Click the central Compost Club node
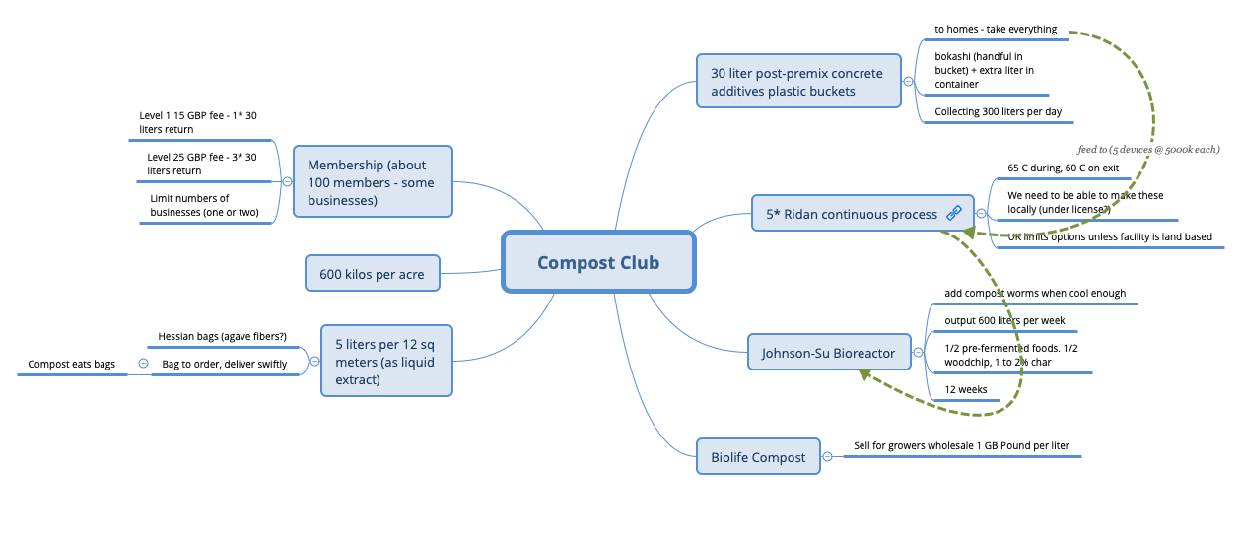click(x=598, y=262)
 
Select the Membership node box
click(x=373, y=182)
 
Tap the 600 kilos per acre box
click(x=372, y=274)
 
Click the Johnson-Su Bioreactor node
click(x=828, y=352)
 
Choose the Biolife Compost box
click(x=758, y=457)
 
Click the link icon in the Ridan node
click(x=953, y=213)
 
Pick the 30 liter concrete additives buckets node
click(x=797, y=82)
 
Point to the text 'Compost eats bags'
click(x=71, y=364)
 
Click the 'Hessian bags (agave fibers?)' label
click(x=223, y=337)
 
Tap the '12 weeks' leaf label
click(x=966, y=389)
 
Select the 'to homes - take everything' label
click(x=996, y=30)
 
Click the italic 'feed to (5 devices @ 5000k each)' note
click(x=1148, y=149)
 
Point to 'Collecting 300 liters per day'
click(x=998, y=111)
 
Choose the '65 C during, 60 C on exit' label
click(x=1063, y=168)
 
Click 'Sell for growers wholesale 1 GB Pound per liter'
click(x=961, y=445)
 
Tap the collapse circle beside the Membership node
click(x=287, y=182)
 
